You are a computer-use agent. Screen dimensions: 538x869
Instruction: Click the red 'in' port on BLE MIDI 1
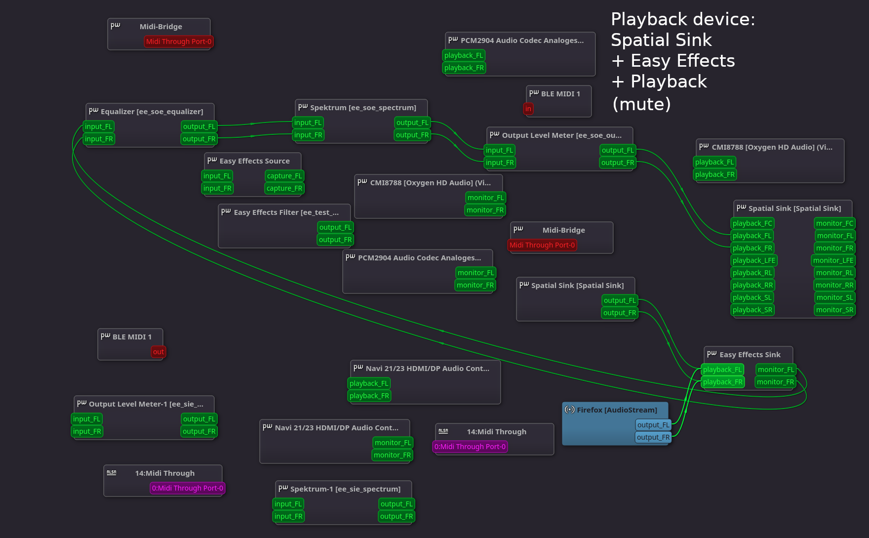pyautogui.click(x=528, y=109)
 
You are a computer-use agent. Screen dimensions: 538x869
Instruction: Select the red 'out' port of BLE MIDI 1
pyautogui.click(x=158, y=352)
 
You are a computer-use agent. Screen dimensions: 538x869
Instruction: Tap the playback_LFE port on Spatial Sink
pyautogui.click(x=754, y=260)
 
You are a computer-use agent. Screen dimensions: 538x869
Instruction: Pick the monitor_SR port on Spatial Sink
pyautogui.click(x=834, y=310)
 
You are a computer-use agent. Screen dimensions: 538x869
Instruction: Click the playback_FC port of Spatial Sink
pyautogui.click(x=752, y=223)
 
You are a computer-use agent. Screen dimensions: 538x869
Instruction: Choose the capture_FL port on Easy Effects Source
pyautogui.click(x=284, y=176)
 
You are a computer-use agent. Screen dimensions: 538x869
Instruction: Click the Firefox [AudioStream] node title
pyautogui.click(x=617, y=410)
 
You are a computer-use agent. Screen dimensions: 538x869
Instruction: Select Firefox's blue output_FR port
pyautogui.click(x=653, y=437)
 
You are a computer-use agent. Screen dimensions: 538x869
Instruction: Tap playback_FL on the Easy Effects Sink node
pyautogui.click(x=722, y=370)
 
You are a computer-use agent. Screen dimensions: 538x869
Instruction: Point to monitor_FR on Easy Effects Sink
pyautogui.click(x=775, y=382)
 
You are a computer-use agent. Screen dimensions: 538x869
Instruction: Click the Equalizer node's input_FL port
pyautogui.click(x=98, y=126)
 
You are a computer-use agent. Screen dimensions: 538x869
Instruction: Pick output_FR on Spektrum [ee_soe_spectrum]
pyautogui.click(x=412, y=135)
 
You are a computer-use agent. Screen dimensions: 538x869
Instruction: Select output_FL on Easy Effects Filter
pyautogui.click(x=335, y=227)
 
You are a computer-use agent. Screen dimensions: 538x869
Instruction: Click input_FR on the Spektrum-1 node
pyautogui.click(x=288, y=516)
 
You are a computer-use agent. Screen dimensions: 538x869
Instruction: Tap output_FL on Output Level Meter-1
pyautogui.click(x=199, y=419)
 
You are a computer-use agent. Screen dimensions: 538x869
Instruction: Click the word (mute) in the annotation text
pyautogui.click(x=641, y=104)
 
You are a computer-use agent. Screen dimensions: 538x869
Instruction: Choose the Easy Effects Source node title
pyautogui.click(x=254, y=161)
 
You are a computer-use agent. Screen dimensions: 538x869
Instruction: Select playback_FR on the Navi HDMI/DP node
pyautogui.click(x=369, y=396)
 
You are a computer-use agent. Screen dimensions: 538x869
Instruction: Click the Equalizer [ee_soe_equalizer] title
pyautogui.click(x=152, y=112)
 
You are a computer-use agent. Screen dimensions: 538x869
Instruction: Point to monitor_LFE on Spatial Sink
pyautogui.click(x=833, y=260)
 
